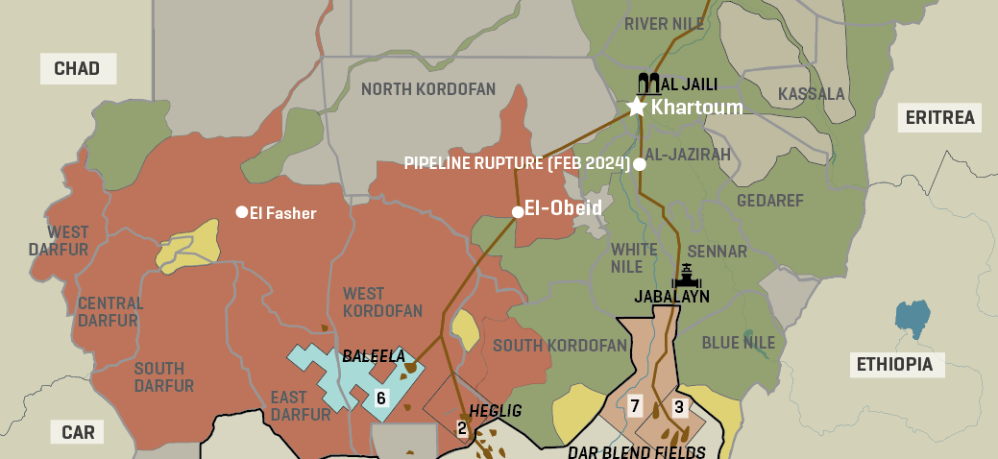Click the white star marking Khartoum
pyautogui.click(x=636, y=107)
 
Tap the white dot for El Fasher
pyautogui.click(x=242, y=212)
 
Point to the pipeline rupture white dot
pyautogui.click(x=640, y=164)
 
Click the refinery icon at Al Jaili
pyautogui.click(x=648, y=83)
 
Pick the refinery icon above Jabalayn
pyautogui.click(x=686, y=276)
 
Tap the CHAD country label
pyautogui.click(x=78, y=68)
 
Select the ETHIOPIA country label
pyautogui.click(x=895, y=364)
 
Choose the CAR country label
pyautogui.click(x=78, y=432)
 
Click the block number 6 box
pyautogui.click(x=380, y=398)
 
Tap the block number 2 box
pyautogui.click(x=462, y=428)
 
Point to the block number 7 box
pyautogui.click(x=634, y=406)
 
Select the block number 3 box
pyautogui.click(x=679, y=406)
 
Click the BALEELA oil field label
pyautogui.click(x=374, y=355)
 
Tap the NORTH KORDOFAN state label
pyautogui.click(x=428, y=90)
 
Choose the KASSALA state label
pyautogui.click(x=811, y=94)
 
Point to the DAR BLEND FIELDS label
pyautogui.click(x=636, y=451)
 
